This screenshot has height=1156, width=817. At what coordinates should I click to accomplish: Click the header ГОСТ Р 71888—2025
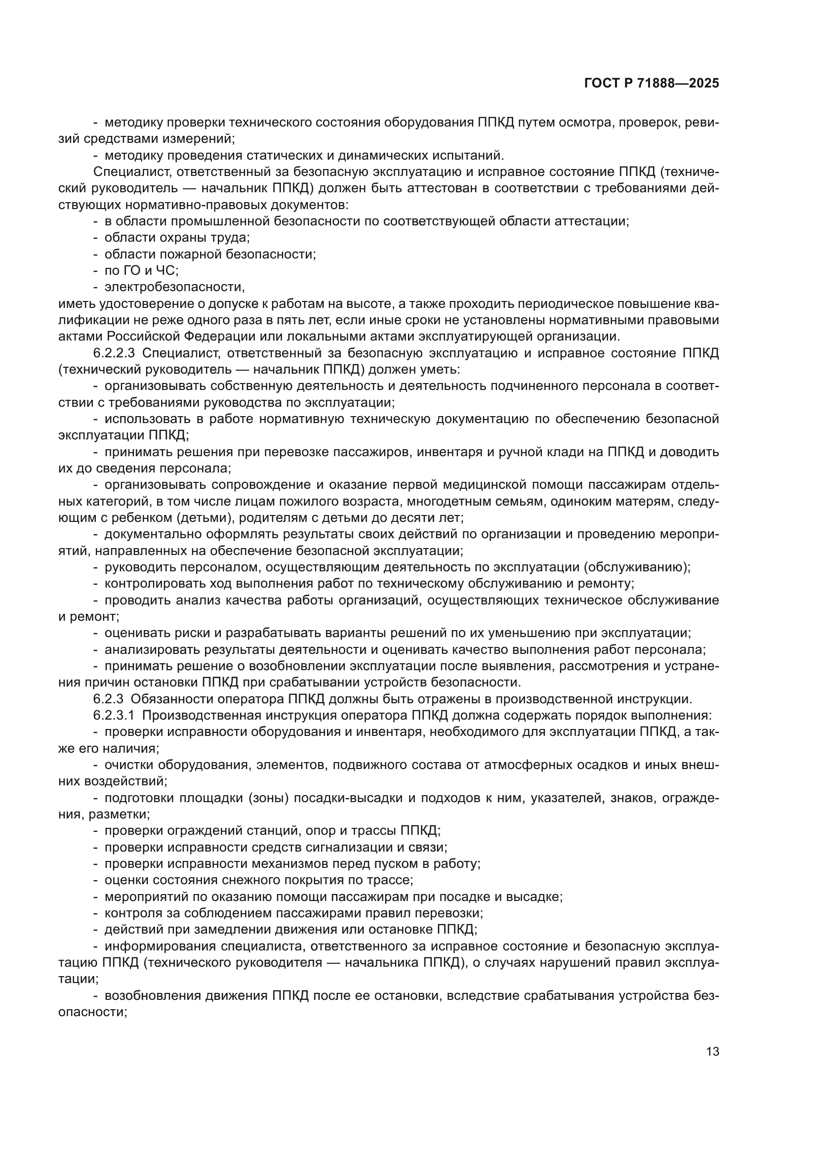click(652, 84)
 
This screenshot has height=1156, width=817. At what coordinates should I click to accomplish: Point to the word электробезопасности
click(174, 287)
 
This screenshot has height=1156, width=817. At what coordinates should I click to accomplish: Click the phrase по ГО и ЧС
click(141, 270)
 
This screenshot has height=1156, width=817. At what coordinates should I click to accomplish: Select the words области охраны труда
click(177, 238)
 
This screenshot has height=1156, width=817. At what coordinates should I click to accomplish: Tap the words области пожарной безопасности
click(210, 254)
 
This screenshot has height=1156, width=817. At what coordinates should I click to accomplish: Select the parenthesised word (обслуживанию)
click(637, 567)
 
